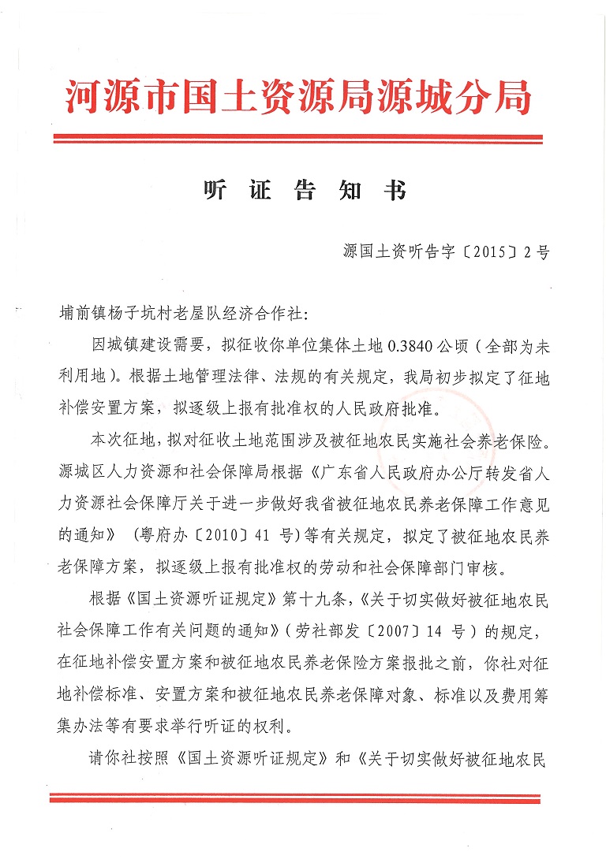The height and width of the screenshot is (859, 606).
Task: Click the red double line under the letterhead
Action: (298, 139)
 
